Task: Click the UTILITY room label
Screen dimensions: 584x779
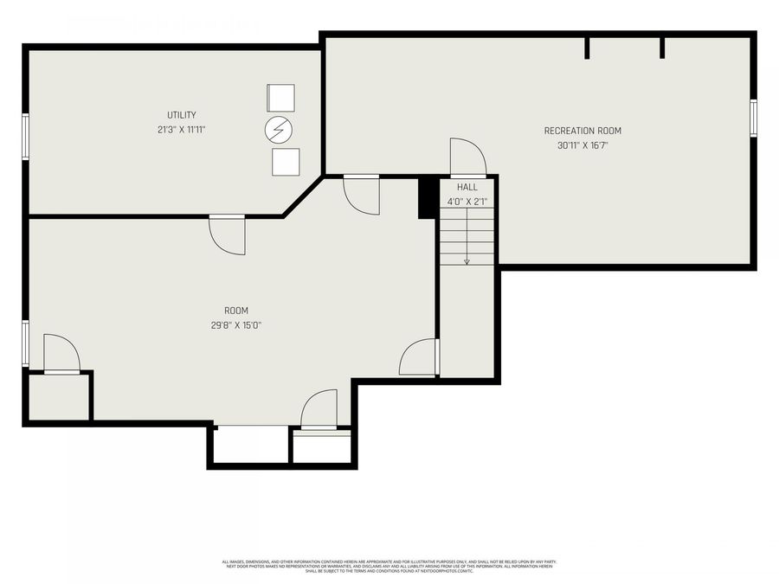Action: pyautogui.click(x=182, y=115)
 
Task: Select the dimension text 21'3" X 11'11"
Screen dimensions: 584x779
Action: pyautogui.click(x=182, y=130)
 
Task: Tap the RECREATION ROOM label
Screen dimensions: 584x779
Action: pyautogui.click(x=583, y=131)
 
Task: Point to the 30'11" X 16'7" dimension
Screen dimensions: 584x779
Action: pyautogui.click(x=583, y=146)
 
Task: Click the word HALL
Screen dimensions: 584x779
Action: pyautogui.click(x=467, y=187)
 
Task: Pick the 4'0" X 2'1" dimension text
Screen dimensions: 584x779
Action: pyautogui.click(x=467, y=202)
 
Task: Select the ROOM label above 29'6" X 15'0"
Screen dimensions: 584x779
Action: pyautogui.click(x=236, y=311)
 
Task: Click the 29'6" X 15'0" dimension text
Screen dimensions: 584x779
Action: pyautogui.click(x=236, y=326)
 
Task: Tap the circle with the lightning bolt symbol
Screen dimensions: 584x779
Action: pyautogui.click(x=279, y=130)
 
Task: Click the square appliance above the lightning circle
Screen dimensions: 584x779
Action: pyautogui.click(x=280, y=98)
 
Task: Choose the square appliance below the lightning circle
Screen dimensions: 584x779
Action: pyautogui.click(x=285, y=162)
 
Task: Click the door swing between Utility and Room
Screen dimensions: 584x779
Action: pyautogui.click(x=228, y=234)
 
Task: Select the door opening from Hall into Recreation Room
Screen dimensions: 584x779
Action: pyautogui.click(x=467, y=157)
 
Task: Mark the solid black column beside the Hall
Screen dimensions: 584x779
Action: pyautogui.click(x=427, y=197)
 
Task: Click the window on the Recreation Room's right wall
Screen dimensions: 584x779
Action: pyautogui.click(x=753, y=118)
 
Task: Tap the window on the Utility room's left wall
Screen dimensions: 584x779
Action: pyautogui.click(x=26, y=138)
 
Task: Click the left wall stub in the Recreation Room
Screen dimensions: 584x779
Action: pyautogui.click(x=587, y=48)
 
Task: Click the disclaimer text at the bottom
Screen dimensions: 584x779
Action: pyautogui.click(x=389, y=566)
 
